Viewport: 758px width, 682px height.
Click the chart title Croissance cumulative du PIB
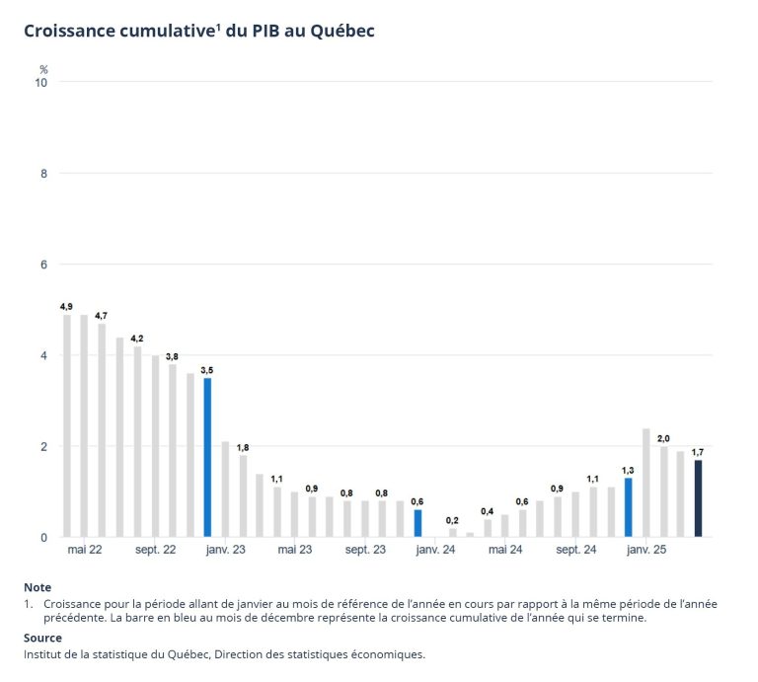tap(199, 31)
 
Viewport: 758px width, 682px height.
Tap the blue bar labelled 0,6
tap(417, 523)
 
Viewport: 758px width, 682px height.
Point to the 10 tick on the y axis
tap(42, 82)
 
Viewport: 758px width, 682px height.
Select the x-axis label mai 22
tap(85, 550)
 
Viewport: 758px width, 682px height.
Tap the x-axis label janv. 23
tap(225, 550)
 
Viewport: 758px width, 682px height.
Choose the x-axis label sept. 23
tap(365, 550)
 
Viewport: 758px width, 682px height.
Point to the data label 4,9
tap(66, 307)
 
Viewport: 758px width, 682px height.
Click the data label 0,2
tap(452, 520)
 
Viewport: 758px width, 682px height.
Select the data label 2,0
tap(663, 438)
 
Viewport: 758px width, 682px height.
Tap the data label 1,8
tap(243, 447)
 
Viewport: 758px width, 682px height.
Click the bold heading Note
tap(38, 587)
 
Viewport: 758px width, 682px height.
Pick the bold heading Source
tap(42, 638)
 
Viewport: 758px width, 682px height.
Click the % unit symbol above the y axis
tap(43, 69)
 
